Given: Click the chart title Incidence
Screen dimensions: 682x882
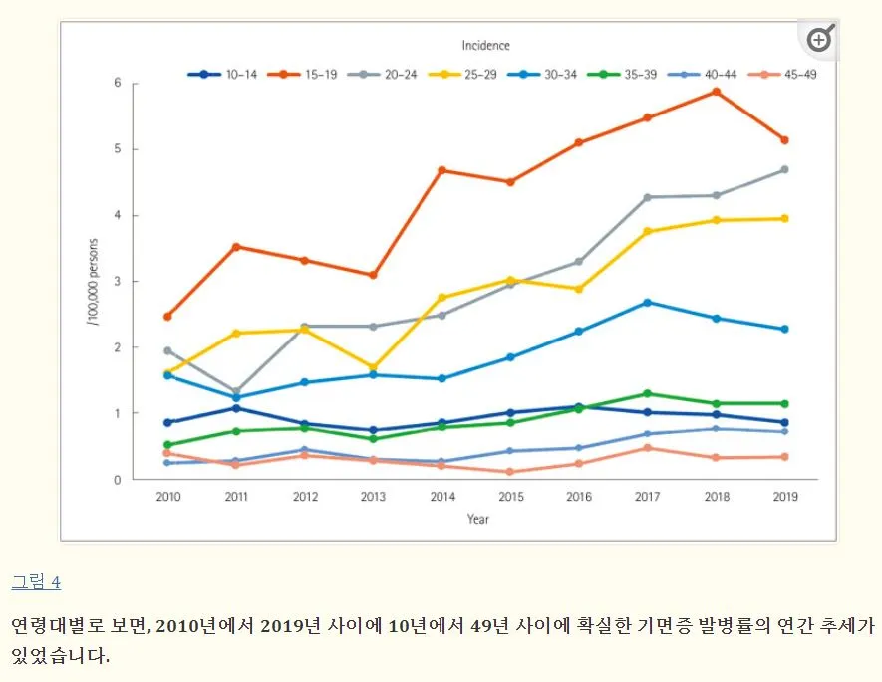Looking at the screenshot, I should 485,45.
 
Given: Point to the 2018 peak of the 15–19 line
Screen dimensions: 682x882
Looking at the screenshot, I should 716,92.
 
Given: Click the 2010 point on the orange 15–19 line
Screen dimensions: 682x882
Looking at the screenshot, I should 167,317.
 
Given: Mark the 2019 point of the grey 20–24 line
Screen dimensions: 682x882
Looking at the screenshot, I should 784,169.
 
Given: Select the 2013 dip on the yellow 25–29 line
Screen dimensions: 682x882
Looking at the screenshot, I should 373,368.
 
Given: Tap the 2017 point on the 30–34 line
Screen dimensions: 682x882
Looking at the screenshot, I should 647,303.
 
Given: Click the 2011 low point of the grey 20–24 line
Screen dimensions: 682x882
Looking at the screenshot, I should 236,392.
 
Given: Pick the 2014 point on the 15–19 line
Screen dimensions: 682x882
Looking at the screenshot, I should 441,170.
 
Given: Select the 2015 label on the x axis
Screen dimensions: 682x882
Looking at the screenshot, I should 509,496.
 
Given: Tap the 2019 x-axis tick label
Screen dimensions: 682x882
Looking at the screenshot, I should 784,496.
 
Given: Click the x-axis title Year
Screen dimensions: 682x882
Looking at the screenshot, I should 478,518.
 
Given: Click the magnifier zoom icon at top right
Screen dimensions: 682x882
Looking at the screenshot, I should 819,39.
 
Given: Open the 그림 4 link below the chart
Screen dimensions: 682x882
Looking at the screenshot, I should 36,582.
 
